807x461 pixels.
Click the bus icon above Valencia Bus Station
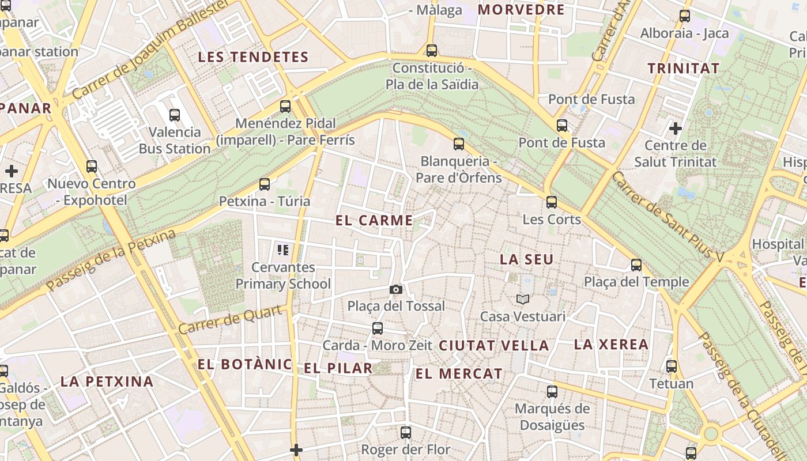pyautogui.click(x=175, y=115)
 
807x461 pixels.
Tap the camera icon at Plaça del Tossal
pyautogui.click(x=395, y=289)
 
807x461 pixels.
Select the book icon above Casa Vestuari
pyautogui.click(x=523, y=300)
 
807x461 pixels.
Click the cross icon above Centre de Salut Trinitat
pyautogui.click(x=676, y=128)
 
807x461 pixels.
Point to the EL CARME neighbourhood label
pyautogui.click(x=374, y=220)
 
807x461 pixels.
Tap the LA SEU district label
pyautogui.click(x=526, y=259)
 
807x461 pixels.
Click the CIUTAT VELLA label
pyautogui.click(x=493, y=346)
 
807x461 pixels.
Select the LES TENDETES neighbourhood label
pyautogui.click(x=253, y=57)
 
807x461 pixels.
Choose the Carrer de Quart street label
pyautogui.click(x=231, y=320)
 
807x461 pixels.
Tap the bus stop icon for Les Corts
pyautogui.click(x=552, y=202)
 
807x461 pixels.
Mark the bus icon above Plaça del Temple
pyautogui.click(x=636, y=265)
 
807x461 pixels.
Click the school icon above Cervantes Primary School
pyautogui.click(x=282, y=250)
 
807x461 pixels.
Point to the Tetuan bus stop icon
pyautogui.click(x=671, y=366)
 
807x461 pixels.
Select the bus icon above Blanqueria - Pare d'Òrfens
pyautogui.click(x=459, y=144)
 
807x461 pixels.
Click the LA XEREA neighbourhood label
pyautogui.click(x=611, y=345)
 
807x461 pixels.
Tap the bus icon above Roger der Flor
pyautogui.click(x=406, y=432)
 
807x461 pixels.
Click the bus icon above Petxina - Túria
pyautogui.click(x=265, y=184)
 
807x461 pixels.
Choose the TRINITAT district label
pyautogui.click(x=683, y=68)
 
